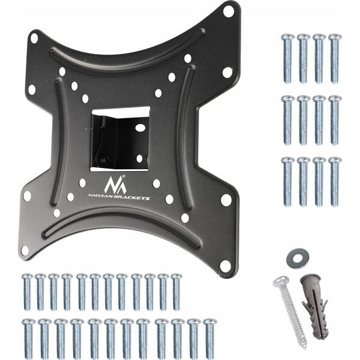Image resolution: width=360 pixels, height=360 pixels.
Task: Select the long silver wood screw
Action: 290,313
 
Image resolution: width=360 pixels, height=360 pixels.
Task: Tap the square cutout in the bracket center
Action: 120,139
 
